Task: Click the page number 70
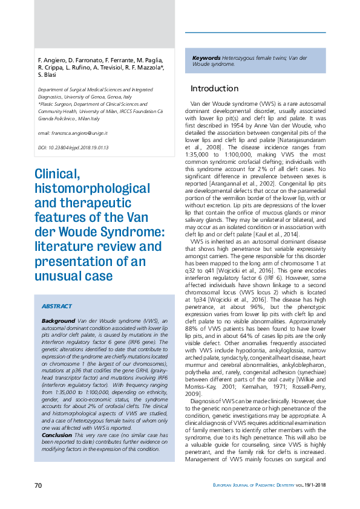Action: pos(38,485)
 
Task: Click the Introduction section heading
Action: pos(214,88)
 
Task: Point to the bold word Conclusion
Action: pos(57,434)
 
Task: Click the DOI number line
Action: pos(73,147)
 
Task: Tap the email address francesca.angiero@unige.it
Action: pos(73,132)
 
